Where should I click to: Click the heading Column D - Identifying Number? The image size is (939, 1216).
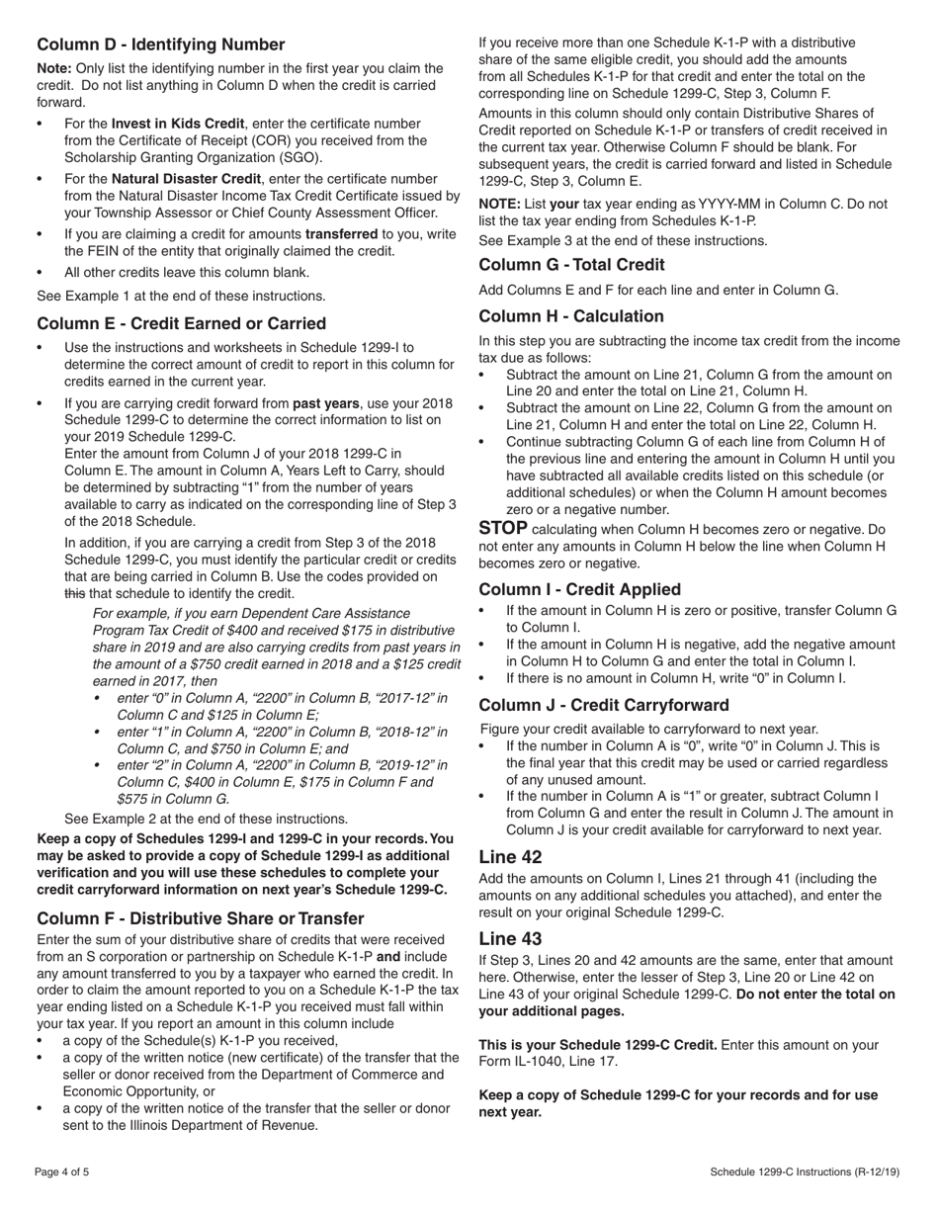point(160,44)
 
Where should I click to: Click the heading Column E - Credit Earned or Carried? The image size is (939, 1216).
point(181,323)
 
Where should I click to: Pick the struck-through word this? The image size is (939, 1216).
point(75,593)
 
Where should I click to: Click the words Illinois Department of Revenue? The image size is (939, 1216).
point(226,1125)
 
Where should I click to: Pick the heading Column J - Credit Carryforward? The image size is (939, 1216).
point(604,705)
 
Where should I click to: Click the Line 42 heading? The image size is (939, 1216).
point(510,856)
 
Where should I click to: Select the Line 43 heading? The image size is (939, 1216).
point(510,937)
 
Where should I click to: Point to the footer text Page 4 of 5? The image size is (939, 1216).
point(62,1173)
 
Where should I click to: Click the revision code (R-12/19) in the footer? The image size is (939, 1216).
point(879,1173)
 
